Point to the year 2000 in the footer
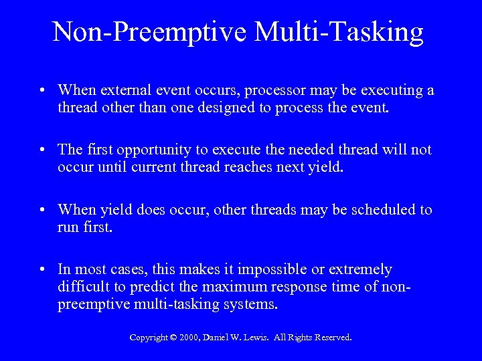click(191, 338)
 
